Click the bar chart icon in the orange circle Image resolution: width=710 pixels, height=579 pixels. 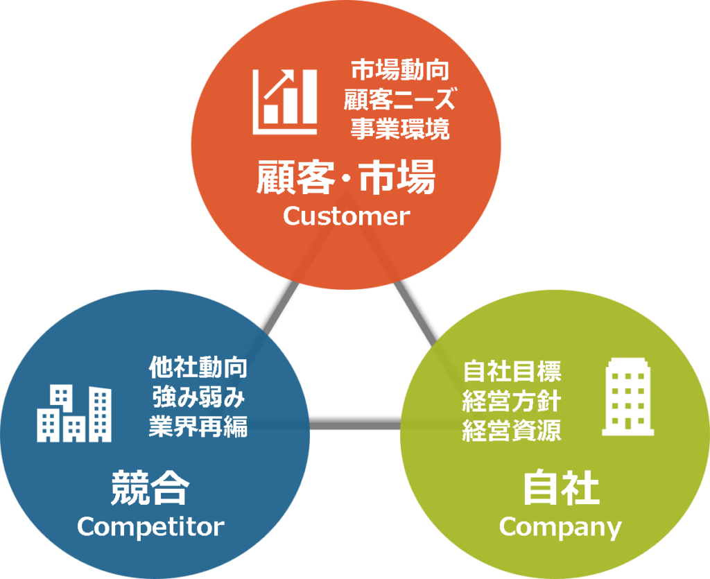(x=285, y=101)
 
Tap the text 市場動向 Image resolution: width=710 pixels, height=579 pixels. (x=399, y=70)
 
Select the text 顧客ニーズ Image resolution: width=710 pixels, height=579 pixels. (x=399, y=100)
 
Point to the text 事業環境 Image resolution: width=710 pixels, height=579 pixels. (x=399, y=130)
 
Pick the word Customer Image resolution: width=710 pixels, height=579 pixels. (x=346, y=216)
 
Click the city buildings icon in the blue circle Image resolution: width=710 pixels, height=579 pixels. (x=73, y=414)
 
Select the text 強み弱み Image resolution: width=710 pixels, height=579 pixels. (x=198, y=397)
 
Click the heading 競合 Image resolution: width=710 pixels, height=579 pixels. (x=150, y=487)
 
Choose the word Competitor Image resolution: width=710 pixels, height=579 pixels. (x=150, y=526)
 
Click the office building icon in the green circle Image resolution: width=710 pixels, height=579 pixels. (x=627, y=397)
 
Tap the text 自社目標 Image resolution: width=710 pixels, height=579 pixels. (x=512, y=372)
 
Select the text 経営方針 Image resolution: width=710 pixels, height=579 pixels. (x=512, y=401)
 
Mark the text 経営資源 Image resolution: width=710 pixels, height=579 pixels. (x=512, y=431)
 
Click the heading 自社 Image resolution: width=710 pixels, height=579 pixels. (x=560, y=488)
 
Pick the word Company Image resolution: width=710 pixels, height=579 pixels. (x=560, y=527)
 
